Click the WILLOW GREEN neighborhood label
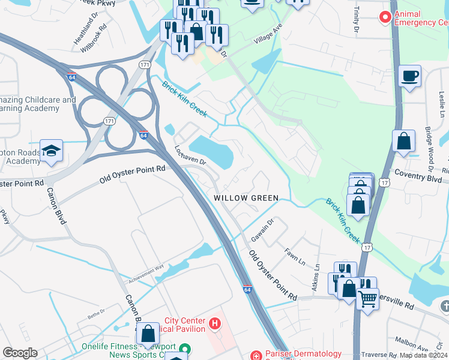point(246,198)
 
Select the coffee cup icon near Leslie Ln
point(409,76)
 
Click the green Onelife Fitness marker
point(185,349)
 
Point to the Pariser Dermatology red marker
point(256,355)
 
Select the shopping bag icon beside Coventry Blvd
point(404,141)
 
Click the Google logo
point(19,353)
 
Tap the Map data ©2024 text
point(423,355)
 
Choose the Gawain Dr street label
point(262,230)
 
